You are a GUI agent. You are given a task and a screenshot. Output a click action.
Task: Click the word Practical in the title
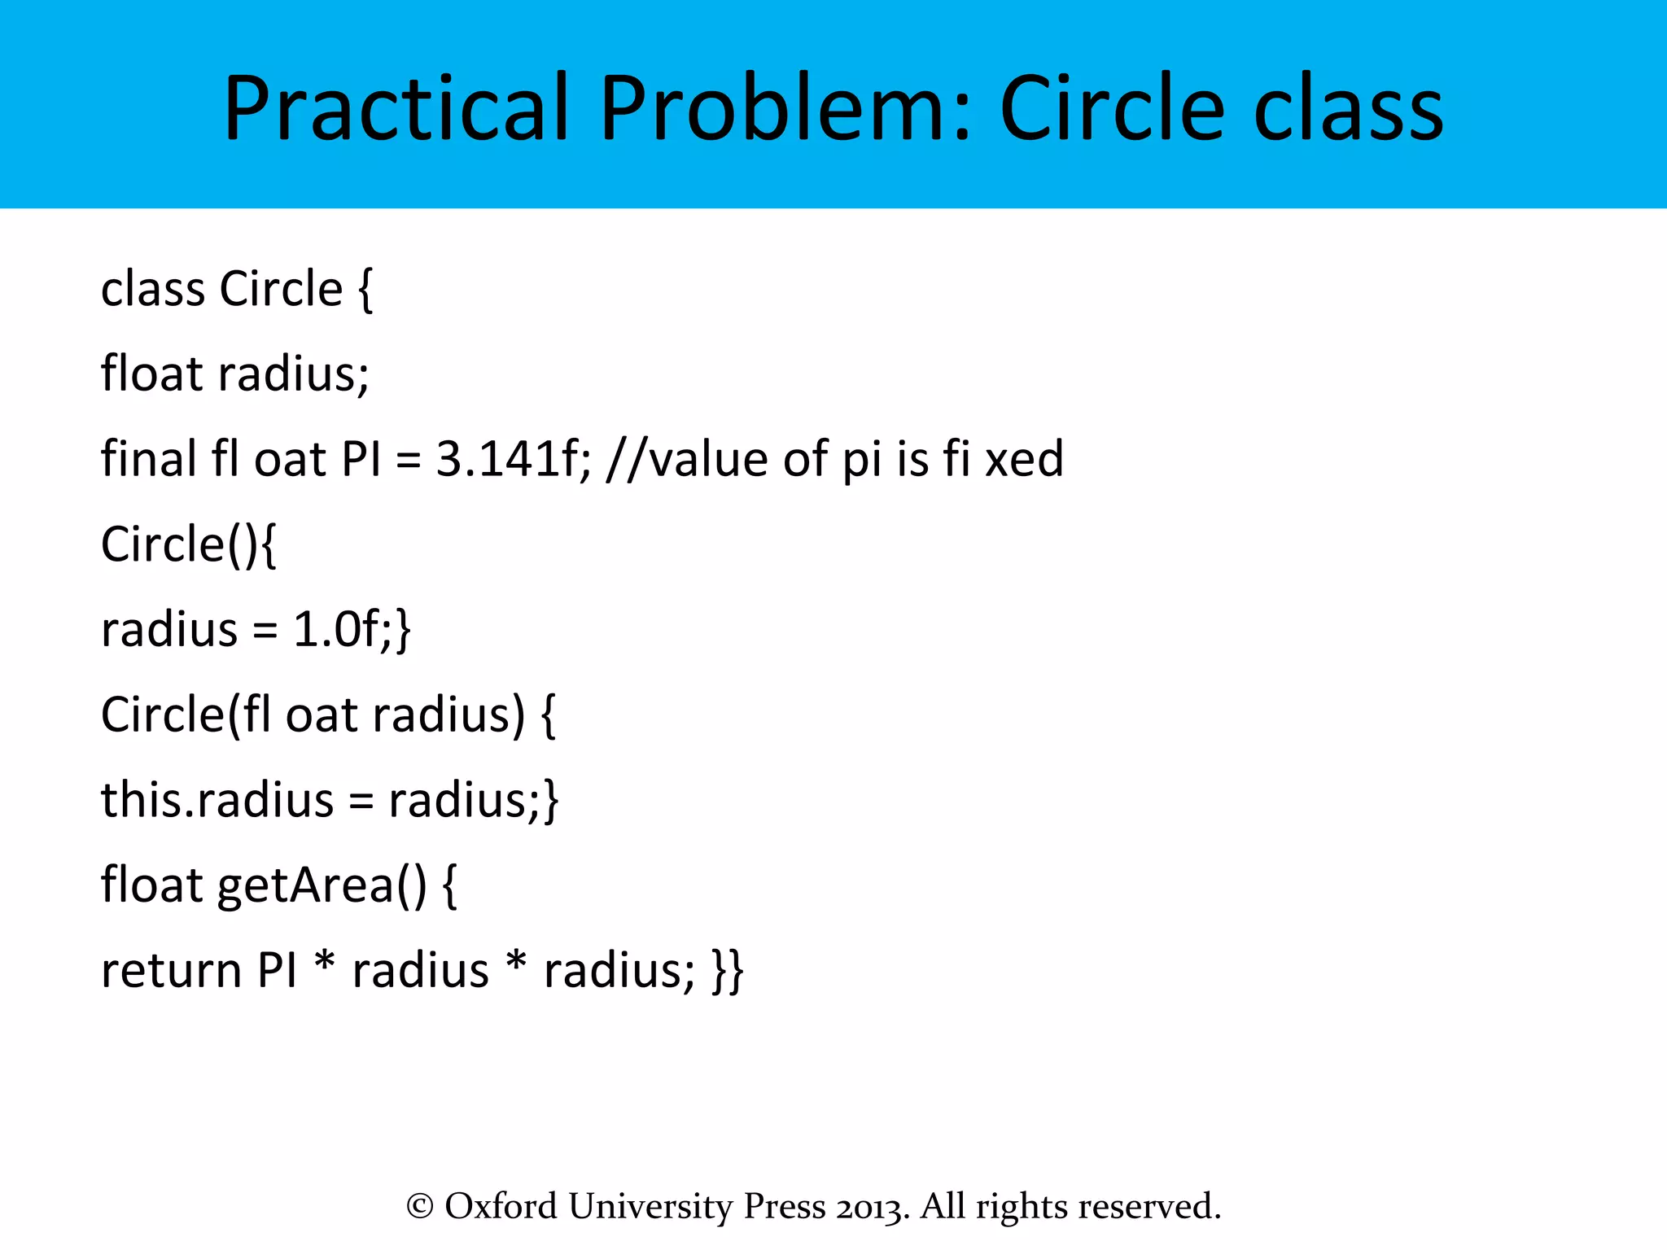396,107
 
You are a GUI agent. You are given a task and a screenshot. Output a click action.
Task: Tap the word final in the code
149,459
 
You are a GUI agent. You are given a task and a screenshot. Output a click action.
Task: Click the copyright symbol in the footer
419,1206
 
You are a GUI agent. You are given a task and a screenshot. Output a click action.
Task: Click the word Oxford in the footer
501,1206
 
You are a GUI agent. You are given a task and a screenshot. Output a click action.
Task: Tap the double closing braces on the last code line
728,970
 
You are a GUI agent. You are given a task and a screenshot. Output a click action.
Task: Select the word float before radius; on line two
151,374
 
